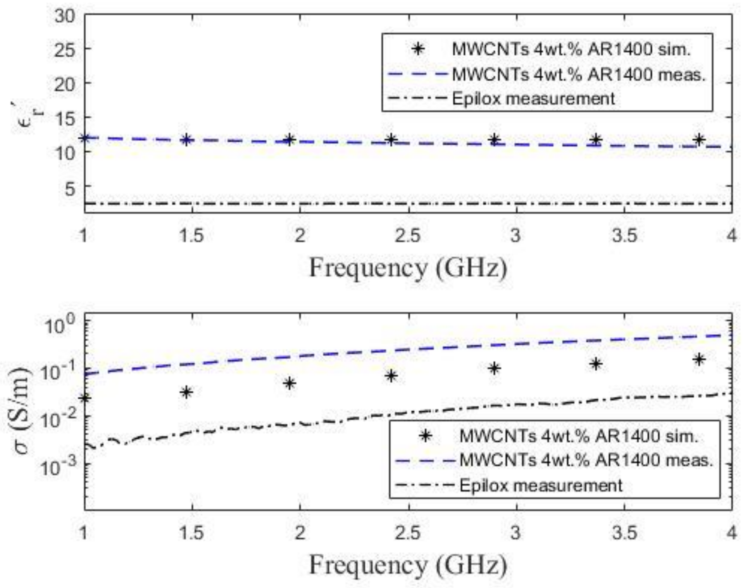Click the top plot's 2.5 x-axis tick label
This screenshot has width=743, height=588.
pyautogui.click(x=408, y=235)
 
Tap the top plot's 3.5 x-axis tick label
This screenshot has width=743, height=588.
pyautogui.click(x=624, y=235)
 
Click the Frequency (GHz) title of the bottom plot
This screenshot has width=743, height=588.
pyautogui.click(x=408, y=566)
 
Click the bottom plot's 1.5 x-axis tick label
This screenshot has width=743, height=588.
pyautogui.click(x=191, y=533)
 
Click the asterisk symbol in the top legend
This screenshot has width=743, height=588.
pyautogui.click(x=418, y=50)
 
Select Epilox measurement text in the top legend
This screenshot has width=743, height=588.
pyautogui.click(x=533, y=99)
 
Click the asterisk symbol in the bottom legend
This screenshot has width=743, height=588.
pyautogui.click(x=426, y=436)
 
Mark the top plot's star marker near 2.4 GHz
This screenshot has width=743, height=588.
pyautogui.click(x=391, y=139)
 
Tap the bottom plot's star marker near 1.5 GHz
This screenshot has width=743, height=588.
pyautogui.click(x=186, y=392)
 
